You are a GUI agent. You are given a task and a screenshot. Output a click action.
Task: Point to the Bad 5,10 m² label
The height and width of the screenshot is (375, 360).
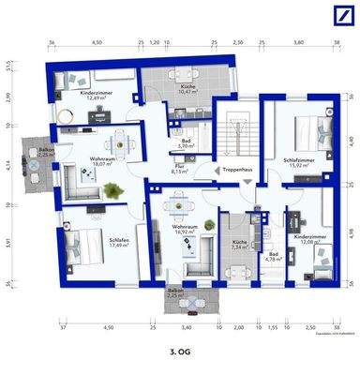[186, 143]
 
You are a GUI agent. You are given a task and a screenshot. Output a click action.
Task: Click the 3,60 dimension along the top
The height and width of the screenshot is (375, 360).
[298, 43]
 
